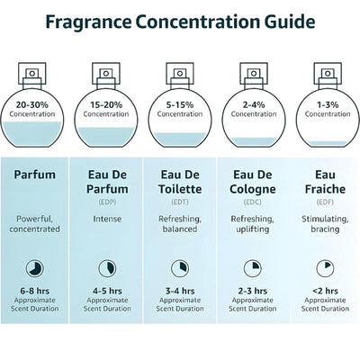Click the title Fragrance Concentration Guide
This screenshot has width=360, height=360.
180,20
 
